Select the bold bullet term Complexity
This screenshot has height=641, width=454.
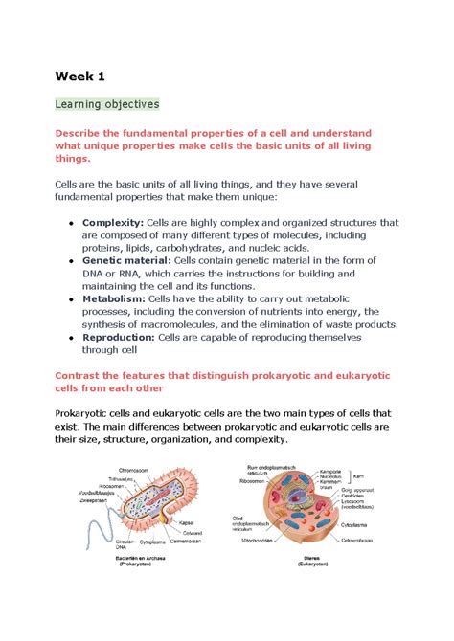click(x=113, y=223)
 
